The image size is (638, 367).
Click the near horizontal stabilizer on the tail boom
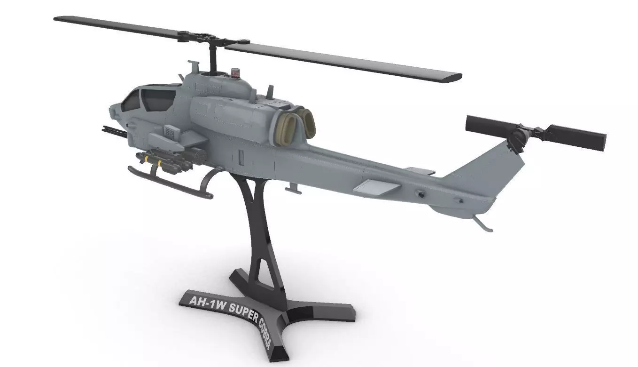tap(376, 188)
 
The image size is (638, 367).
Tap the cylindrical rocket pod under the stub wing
tap(193, 155)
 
